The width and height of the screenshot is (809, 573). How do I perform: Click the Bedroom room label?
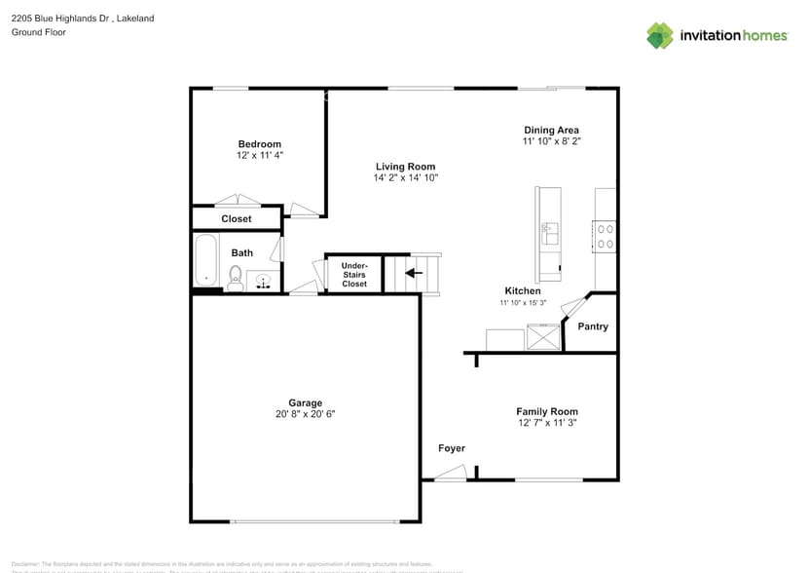259,144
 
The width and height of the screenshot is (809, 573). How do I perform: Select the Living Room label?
405,167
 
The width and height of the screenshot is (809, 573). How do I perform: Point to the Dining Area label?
552,130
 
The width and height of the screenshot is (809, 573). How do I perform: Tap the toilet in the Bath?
236,279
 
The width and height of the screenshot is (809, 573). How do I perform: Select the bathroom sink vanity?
264,282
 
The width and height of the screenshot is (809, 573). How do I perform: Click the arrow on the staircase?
413,273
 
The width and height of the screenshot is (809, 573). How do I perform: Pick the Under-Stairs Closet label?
354,274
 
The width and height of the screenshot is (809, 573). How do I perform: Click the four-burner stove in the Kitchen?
605,237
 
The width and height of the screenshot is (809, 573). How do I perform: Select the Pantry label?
593,326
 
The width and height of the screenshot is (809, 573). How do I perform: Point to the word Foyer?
452,448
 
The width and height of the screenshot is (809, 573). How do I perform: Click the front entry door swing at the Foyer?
450,474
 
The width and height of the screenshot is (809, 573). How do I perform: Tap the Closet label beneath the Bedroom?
236,219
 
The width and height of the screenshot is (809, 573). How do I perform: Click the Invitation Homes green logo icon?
660,35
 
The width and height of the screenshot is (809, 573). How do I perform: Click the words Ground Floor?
39,32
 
